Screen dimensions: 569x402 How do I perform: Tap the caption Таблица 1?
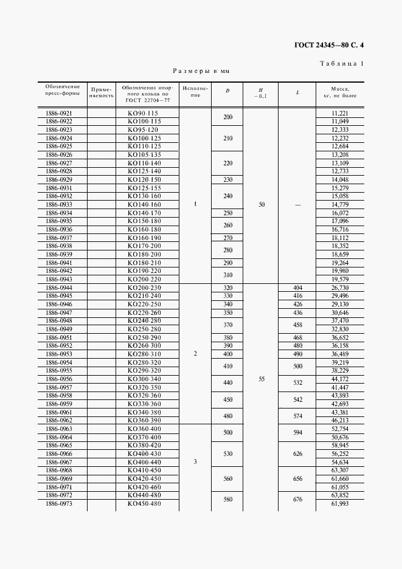coord(341,63)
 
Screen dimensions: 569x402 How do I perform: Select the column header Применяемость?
coord(102,91)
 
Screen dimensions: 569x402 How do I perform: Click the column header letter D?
coord(227,91)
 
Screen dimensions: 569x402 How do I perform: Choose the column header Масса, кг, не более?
coord(339,91)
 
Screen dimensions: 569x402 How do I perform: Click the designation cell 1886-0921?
coord(59,114)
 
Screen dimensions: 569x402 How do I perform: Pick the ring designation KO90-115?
coord(143,114)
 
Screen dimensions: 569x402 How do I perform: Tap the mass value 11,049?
coord(339,122)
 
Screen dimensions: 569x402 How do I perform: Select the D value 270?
coord(228,238)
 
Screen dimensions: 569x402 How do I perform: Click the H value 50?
coord(262,205)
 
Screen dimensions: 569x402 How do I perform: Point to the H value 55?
coord(262,378)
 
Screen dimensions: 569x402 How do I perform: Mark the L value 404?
coord(298,288)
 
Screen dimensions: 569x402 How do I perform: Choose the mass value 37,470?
coord(339,320)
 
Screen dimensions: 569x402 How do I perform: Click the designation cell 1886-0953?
coord(59,354)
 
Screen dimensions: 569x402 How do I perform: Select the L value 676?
coord(298,500)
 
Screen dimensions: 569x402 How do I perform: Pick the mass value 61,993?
coord(339,504)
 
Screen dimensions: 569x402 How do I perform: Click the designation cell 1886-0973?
coord(59,504)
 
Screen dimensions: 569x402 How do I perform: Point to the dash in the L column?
coord(298,205)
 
